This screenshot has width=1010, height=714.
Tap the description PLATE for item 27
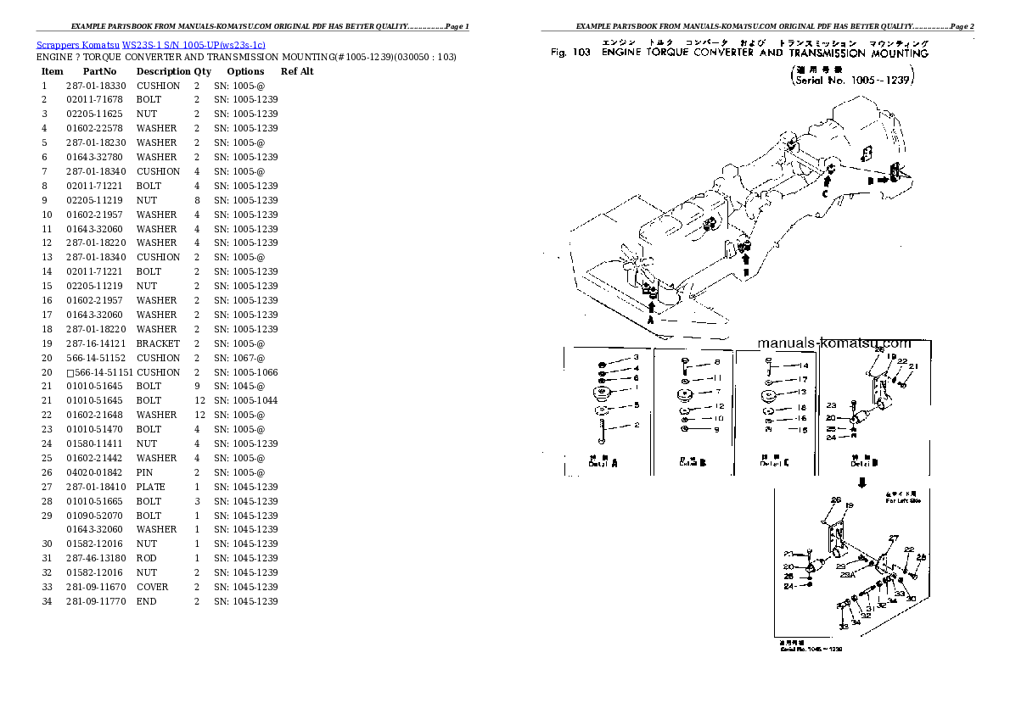[x=150, y=487]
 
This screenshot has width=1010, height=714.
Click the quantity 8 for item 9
[x=197, y=200]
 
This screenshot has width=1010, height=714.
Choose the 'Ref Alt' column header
[x=297, y=71]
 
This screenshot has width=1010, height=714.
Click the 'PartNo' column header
[x=98, y=71]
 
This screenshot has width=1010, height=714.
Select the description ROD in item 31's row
[x=148, y=558]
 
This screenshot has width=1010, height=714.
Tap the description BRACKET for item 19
[x=158, y=343]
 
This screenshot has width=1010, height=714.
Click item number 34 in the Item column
[x=47, y=601]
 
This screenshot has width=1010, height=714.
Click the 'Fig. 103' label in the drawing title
[x=570, y=53]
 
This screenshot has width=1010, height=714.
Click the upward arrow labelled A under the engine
[x=650, y=309]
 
